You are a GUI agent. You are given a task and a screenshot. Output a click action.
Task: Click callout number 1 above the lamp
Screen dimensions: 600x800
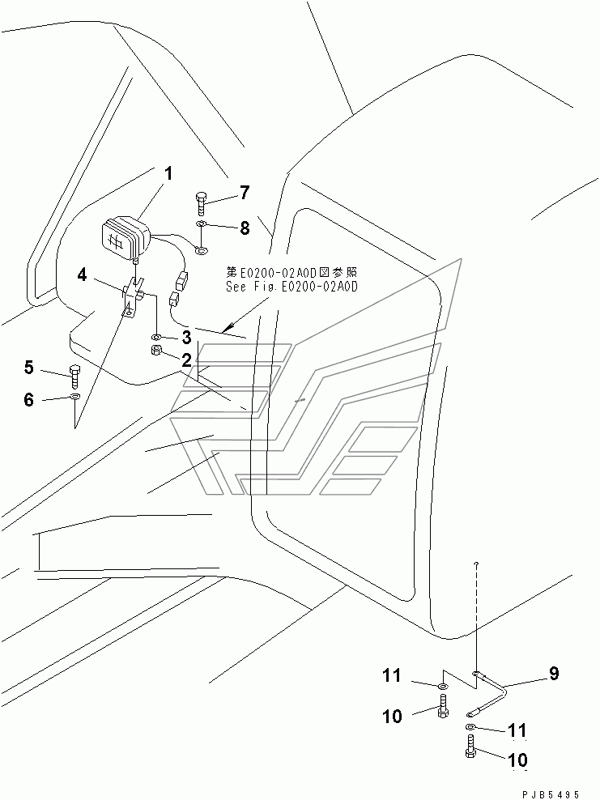168,174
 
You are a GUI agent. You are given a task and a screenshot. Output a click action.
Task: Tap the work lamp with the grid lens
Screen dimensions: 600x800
126,238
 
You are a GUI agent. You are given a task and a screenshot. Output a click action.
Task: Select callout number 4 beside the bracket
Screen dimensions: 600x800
82,275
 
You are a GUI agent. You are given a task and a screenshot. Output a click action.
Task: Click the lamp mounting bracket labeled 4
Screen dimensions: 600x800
132,296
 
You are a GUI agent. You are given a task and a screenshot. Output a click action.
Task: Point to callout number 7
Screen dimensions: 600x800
245,193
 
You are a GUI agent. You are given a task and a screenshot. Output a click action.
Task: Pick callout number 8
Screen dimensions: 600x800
245,228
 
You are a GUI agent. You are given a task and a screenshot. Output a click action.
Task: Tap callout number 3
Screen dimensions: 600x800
186,337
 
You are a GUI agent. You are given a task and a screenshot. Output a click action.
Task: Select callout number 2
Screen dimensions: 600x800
186,360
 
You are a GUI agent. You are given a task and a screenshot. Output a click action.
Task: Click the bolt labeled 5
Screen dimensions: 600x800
74,377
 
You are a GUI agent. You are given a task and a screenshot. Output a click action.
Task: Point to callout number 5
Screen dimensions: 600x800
29,368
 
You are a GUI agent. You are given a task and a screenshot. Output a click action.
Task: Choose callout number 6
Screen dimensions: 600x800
29,399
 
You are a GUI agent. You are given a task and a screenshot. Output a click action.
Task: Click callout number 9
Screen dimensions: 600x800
554,674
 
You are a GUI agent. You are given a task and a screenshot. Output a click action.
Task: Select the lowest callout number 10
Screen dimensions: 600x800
518,760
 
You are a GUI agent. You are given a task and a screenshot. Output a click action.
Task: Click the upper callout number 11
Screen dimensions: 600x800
393,676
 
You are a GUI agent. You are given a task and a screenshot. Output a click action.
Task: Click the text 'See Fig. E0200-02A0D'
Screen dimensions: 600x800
291,286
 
